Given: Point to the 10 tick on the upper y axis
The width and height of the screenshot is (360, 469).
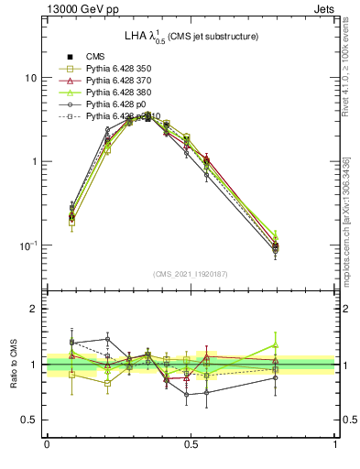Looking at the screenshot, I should [31, 78].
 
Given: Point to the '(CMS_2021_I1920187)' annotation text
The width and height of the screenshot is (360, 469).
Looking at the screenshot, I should [190, 274].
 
